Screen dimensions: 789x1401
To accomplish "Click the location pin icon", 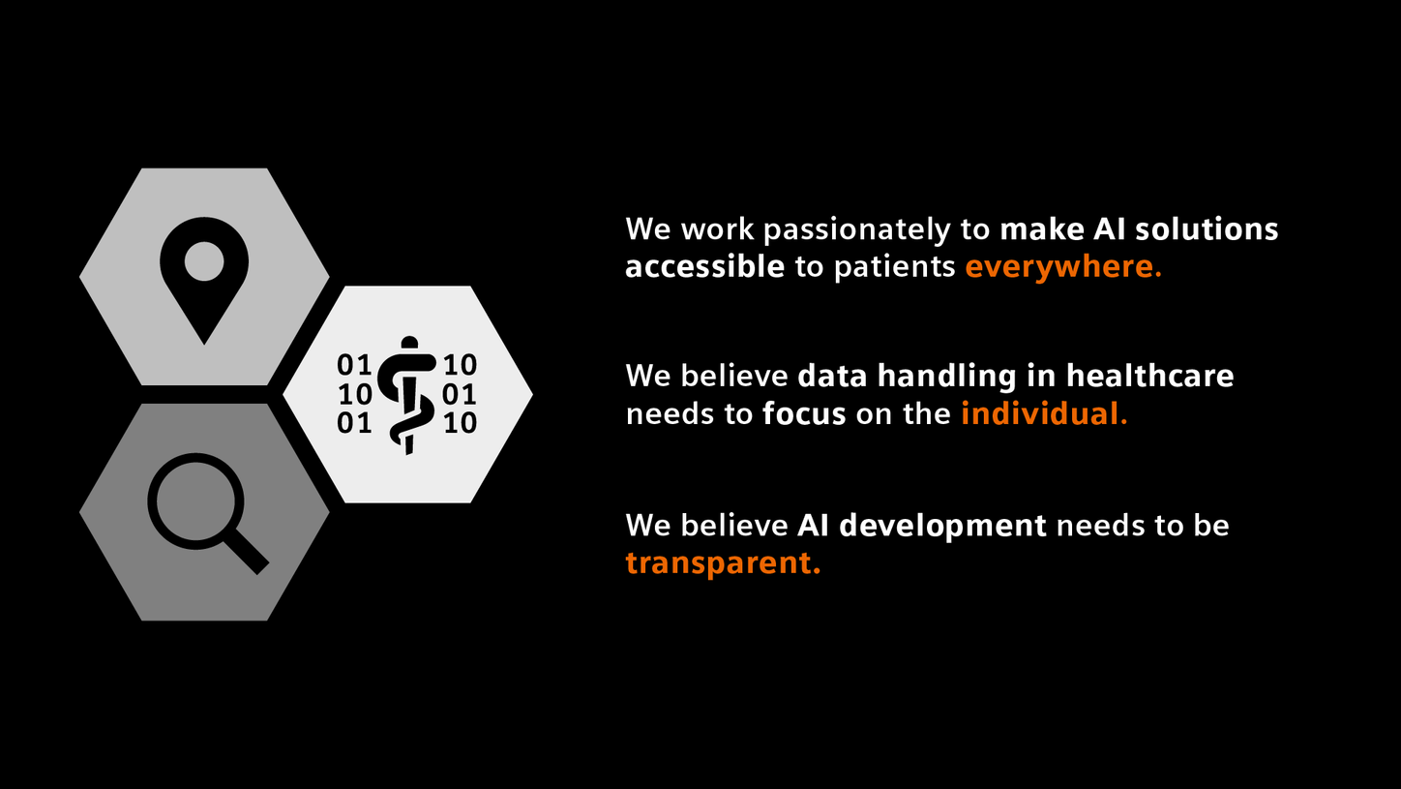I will pyautogui.click(x=204, y=276).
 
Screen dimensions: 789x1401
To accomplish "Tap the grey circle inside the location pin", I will pyautogui.click(x=204, y=261).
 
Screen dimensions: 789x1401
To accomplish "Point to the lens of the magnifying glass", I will pyautogui.click(x=194, y=501).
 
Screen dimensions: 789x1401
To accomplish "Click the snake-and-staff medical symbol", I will pyautogui.click(x=406, y=395).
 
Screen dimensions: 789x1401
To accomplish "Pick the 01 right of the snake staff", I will pyautogui.click(x=460, y=394).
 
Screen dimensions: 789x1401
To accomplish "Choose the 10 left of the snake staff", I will pyautogui.click(x=354, y=394).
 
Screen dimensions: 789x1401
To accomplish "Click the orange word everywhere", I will pyautogui.click(x=1063, y=267).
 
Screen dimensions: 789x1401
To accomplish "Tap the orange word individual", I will pyautogui.click(x=1044, y=414).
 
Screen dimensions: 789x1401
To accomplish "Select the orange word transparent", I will pyautogui.click(x=723, y=562).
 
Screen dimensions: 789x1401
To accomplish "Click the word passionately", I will pyautogui.click(x=877, y=230).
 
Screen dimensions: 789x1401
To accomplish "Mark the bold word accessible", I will pyautogui.click(x=704, y=267).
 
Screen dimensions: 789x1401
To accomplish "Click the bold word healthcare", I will pyautogui.click(x=1149, y=376).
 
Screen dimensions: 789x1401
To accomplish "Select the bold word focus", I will pyautogui.click(x=804, y=414).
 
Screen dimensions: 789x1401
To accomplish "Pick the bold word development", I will pyautogui.click(x=942, y=526).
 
